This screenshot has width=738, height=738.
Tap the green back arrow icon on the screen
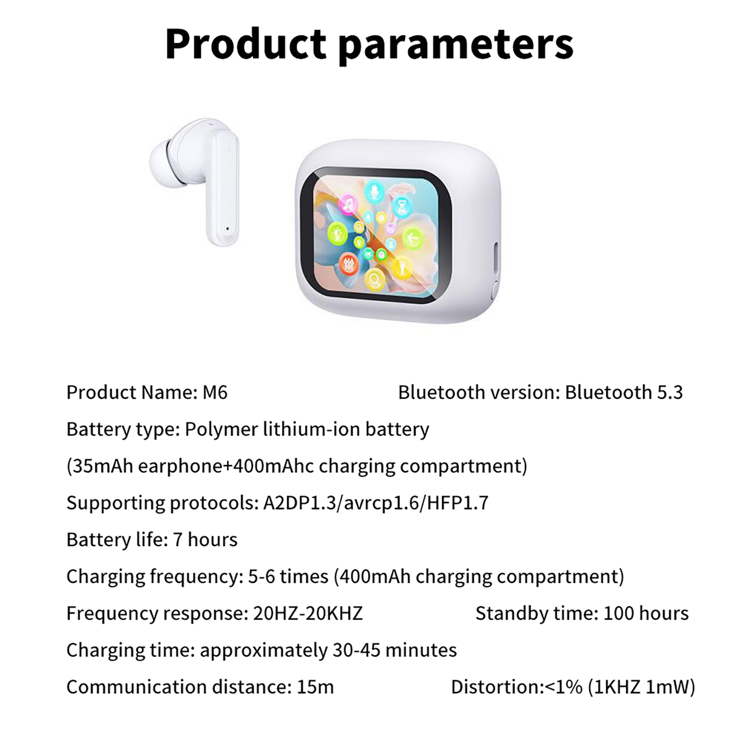pyautogui.click(x=412, y=238)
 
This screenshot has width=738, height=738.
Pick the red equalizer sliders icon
pyautogui.click(x=348, y=263)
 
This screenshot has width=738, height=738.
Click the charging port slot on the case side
pyautogui.click(x=497, y=259)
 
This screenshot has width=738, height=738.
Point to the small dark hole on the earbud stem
pyautogui.click(x=227, y=228)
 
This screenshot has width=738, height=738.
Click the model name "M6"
pyautogui.click(x=215, y=393)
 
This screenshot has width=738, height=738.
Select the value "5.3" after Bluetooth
pyautogui.click(x=669, y=393)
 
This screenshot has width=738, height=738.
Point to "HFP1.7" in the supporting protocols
pyautogui.click(x=458, y=503)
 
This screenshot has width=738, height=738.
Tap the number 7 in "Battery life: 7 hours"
pyautogui.click(x=178, y=540)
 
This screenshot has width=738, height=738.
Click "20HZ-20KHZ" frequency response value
pyautogui.click(x=308, y=613)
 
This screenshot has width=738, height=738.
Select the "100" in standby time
pyautogui.click(x=618, y=613)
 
